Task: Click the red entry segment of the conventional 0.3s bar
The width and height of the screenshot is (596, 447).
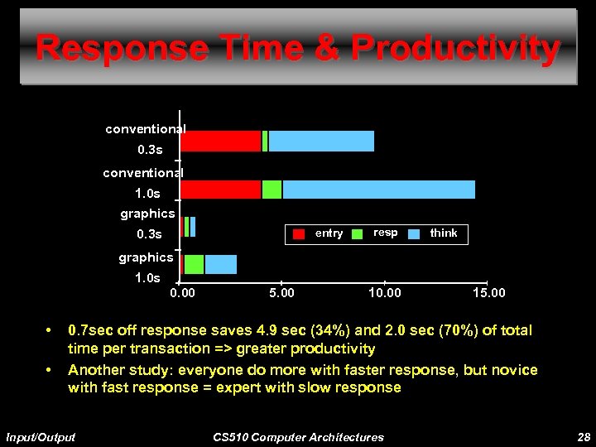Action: coord(221,142)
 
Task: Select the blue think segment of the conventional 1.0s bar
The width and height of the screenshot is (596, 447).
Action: coord(378,190)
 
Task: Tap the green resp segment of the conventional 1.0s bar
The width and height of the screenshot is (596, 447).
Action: coord(272,190)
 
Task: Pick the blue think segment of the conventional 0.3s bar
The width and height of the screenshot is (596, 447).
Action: coord(321,142)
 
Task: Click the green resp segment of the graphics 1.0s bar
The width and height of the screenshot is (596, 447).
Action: coord(194,264)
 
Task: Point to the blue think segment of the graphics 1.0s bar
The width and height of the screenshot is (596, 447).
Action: coord(221,264)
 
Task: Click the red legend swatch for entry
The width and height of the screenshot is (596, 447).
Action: coord(299,233)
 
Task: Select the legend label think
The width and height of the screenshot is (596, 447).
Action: coord(443,233)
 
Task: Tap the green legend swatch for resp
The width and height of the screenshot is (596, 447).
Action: coord(358,233)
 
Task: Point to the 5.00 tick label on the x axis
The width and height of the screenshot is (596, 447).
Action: coord(281,292)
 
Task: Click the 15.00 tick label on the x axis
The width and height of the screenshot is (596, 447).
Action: coord(488,292)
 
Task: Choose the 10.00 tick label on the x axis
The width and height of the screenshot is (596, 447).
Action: coord(385,292)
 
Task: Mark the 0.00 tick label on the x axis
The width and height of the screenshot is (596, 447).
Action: coord(183,292)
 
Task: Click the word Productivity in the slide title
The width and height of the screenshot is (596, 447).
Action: coord(455,49)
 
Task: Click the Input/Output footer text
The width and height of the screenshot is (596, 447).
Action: coord(41,437)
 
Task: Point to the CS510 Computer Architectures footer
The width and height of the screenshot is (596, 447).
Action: coord(298,437)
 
